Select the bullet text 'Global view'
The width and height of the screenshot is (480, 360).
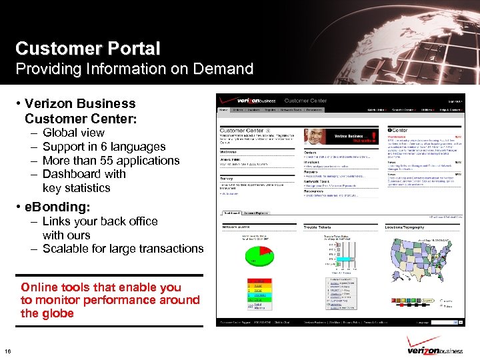click(73, 133)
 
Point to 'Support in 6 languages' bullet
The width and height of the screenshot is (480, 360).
click(103, 147)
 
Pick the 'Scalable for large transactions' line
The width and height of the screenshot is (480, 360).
click(123, 249)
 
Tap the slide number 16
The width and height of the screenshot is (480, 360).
click(7, 352)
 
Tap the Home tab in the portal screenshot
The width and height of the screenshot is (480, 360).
click(224, 110)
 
